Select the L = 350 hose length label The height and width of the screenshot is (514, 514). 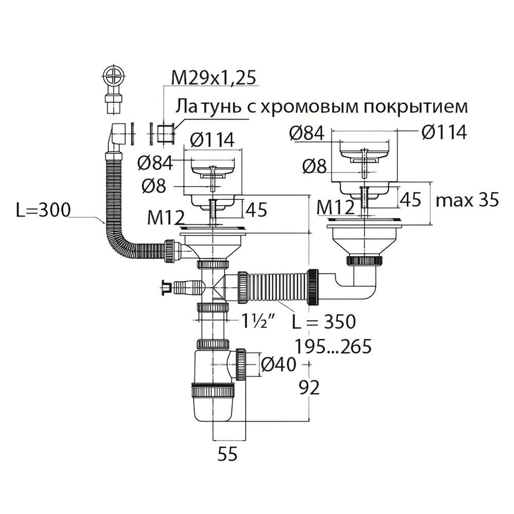pyautogui.click(x=323, y=322)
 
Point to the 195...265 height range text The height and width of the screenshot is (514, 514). pyautogui.click(x=332, y=347)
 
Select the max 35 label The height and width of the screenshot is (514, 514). pyautogui.click(x=467, y=200)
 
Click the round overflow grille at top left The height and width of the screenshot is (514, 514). pyautogui.click(x=115, y=78)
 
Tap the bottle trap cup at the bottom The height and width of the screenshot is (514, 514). pyautogui.click(x=213, y=406)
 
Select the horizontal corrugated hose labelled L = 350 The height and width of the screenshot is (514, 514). pyautogui.click(x=278, y=288)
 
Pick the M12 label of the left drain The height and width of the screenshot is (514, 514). pyautogui.click(x=165, y=218)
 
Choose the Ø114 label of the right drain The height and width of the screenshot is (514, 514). pyautogui.click(x=444, y=133)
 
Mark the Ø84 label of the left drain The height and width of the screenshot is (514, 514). pyautogui.click(x=155, y=163)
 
